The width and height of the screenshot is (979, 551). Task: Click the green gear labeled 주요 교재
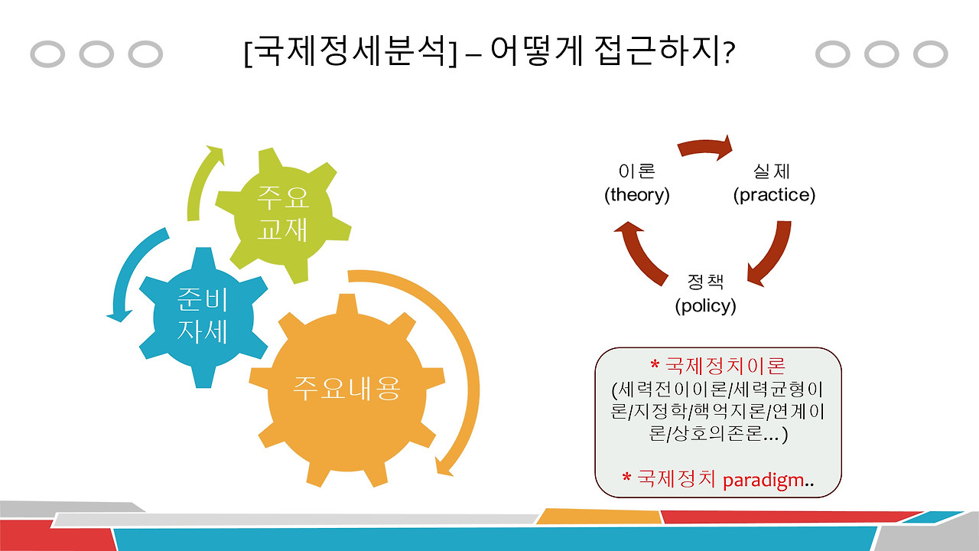pyautogui.click(x=282, y=214)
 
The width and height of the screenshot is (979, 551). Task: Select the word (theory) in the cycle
pyautogui.click(x=637, y=195)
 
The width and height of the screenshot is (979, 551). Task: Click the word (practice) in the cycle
pyautogui.click(x=774, y=195)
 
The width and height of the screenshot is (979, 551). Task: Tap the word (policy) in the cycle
pyautogui.click(x=705, y=306)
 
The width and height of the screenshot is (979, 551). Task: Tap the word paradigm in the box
pyautogui.click(x=763, y=480)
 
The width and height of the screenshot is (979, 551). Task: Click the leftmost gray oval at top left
pyautogui.click(x=47, y=54)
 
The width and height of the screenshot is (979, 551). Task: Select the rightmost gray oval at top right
pyautogui.click(x=930, y=54)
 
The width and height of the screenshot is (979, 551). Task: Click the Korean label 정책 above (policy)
pyautogui.click(x=705, y=281)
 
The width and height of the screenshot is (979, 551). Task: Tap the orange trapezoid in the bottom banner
pyautogui.click(x=597, y=517)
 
